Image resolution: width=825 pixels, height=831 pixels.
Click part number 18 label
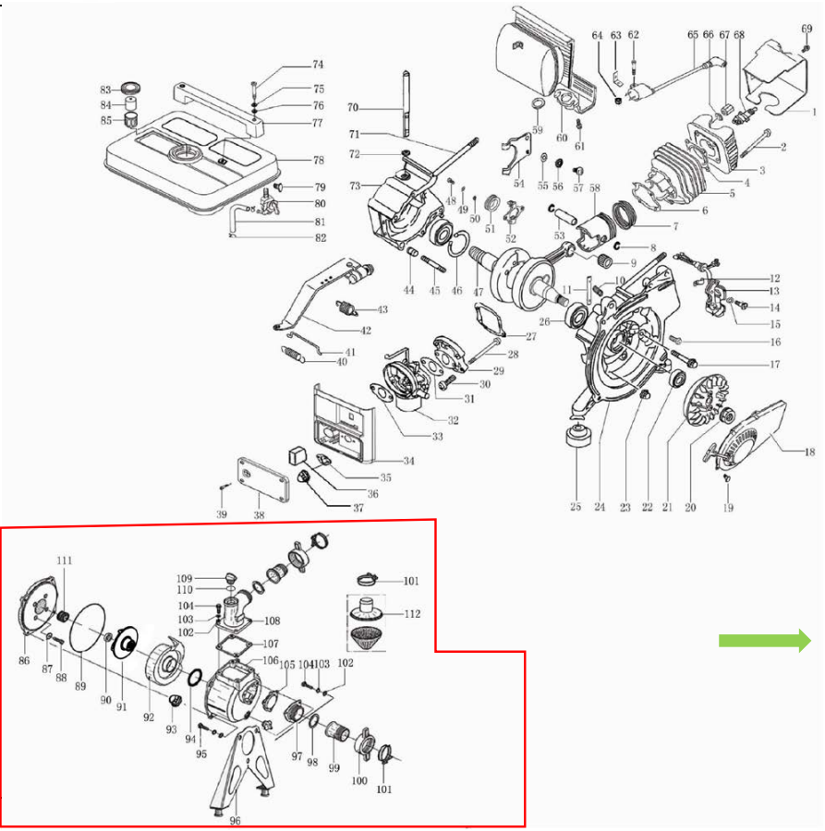pyautogui.click(x=809, y=452)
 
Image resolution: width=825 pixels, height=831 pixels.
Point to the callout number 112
pyautogui.click(x=411, y=613)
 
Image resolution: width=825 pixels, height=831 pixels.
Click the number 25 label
pyautogui.click(x=576, y=506)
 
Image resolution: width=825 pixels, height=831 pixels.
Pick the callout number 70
pyautogui.click(x=352, y=108)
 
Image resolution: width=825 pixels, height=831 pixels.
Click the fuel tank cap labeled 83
pyautogui.click(x=129, y=90)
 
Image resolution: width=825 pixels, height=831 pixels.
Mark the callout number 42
pyautogui.click(x=366, y=331)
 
